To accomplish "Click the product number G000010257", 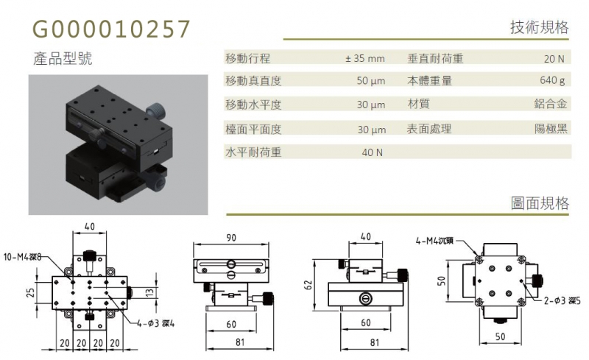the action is pos(112,29).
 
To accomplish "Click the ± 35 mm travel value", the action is pos(365,59).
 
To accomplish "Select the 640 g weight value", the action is pos(552,80).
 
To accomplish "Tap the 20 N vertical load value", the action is pos(554,59).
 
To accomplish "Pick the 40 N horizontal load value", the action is pos(373,152).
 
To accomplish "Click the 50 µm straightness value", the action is pos(371,81).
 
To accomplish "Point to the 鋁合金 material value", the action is pos(550,104).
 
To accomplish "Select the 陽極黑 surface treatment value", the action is pos(551,129).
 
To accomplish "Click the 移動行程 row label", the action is pos(248,58).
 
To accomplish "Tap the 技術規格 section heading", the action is pos(540,27).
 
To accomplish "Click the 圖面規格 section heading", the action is pos(540,203).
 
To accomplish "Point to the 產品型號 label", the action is pos(63,59).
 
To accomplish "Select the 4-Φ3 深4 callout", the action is pos(156,322).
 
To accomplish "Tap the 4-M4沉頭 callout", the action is pos(434,241).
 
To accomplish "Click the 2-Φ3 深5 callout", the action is pos(562,300).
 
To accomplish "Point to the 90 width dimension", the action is pos(231,238).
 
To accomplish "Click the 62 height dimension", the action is pos(308,285).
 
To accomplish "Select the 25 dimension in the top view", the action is pos(31,292).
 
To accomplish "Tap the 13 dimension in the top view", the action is pos(149,292).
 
